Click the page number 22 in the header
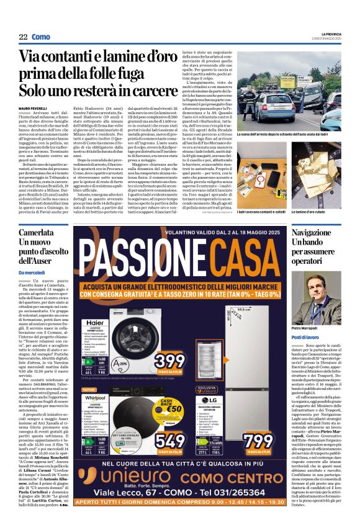[23, 37]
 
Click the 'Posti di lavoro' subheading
[305, 336]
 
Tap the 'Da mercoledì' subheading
[32, 273]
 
